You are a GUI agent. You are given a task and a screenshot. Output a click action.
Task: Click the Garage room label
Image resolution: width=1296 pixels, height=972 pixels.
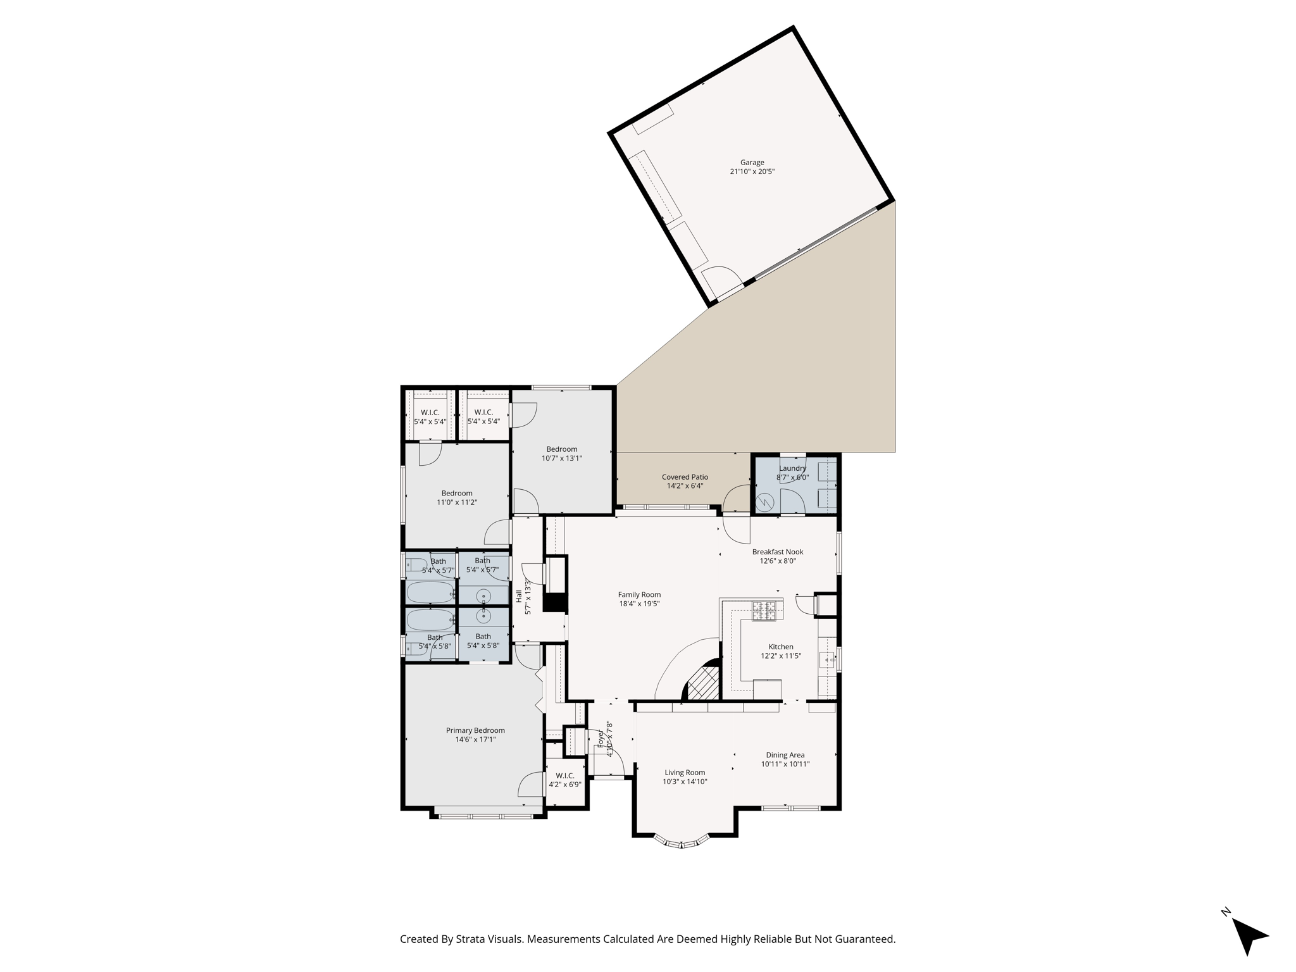coord(752,163)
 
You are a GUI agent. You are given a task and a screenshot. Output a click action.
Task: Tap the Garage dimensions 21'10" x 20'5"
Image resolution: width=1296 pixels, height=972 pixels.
coord(752,171)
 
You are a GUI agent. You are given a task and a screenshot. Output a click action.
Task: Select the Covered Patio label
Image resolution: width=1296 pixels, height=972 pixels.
coord(685,477)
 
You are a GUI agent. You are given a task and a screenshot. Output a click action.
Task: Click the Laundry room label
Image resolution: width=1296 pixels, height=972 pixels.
coord(792,468)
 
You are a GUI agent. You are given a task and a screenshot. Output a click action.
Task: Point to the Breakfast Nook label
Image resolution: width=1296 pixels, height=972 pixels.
coord(777,552)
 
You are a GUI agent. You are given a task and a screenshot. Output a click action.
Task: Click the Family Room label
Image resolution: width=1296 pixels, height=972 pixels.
coord(639,595)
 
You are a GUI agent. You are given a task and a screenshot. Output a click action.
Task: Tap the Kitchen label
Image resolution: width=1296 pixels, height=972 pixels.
coord(780,647)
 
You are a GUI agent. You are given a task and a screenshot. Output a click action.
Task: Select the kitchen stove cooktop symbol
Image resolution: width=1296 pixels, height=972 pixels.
coord(763,611)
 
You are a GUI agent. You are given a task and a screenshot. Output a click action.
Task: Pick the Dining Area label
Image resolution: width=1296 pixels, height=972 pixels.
coord(785,755)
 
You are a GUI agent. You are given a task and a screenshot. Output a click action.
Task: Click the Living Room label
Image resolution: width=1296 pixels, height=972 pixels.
coord(684,773)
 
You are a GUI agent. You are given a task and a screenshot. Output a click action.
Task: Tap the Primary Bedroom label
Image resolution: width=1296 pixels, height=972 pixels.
coord(475,730)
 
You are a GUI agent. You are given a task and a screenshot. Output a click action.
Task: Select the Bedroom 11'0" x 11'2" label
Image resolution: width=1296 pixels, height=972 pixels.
coord(456,494)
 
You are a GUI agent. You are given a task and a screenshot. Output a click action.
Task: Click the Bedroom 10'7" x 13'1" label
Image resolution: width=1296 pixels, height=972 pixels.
coord(561,449)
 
